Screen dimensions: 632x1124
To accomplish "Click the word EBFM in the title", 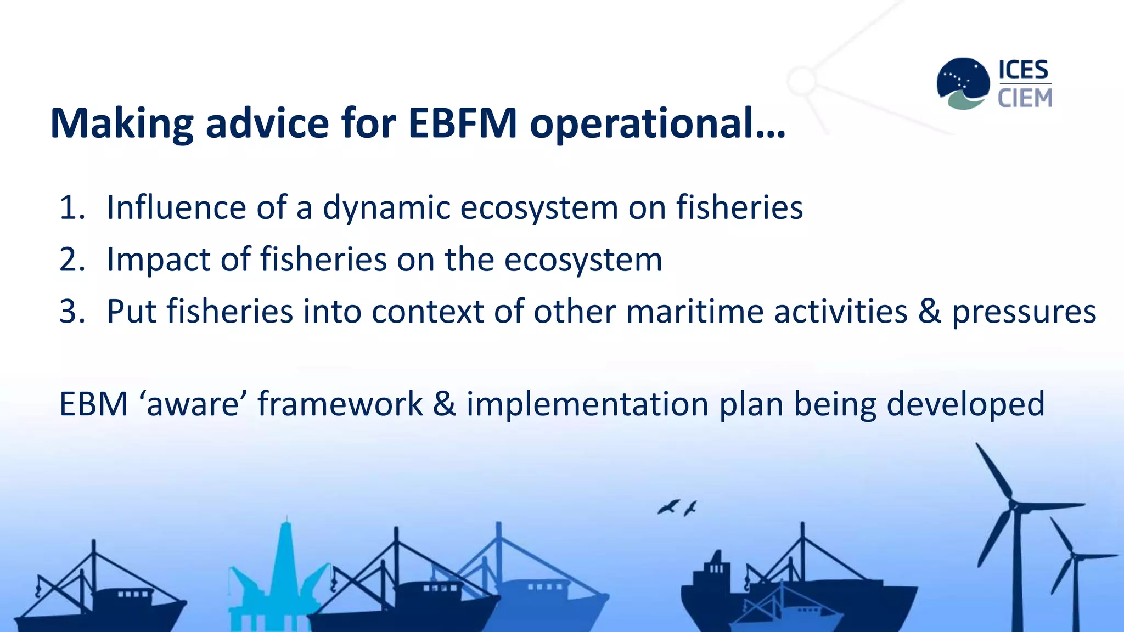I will coord(462,123).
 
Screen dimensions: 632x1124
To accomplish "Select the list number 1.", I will coord(71,208).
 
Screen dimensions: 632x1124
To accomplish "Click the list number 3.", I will coord(72,312).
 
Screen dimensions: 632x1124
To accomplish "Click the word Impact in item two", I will coord(158,260).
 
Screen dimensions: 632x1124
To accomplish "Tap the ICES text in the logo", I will coord(1023,70).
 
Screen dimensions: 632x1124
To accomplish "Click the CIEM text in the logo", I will coord(1025,98).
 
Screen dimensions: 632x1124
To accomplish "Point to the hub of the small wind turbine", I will coord(1074,557).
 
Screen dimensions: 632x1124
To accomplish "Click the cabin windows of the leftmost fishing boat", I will coord(133,594).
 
